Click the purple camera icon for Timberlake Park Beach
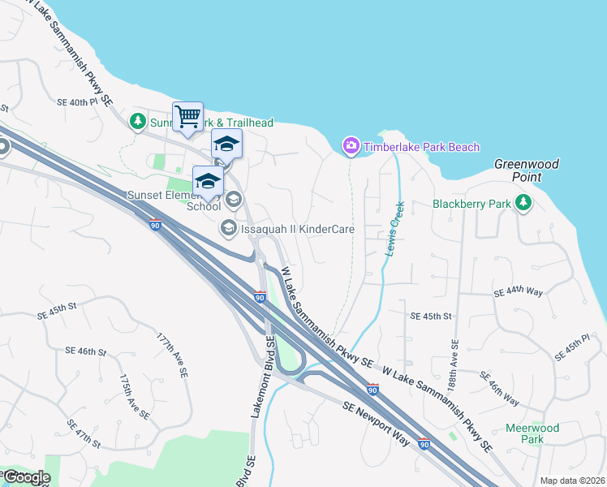(x=351, y=146)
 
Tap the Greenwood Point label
(x=527, y=170)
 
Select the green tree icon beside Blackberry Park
(x=523, y=203)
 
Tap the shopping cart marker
(x=187, y=117)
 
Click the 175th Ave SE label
(x=134, y=397)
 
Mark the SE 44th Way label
(x=519, y=291)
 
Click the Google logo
(x=26, y=477)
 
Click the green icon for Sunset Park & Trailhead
(x=139, y=122)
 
